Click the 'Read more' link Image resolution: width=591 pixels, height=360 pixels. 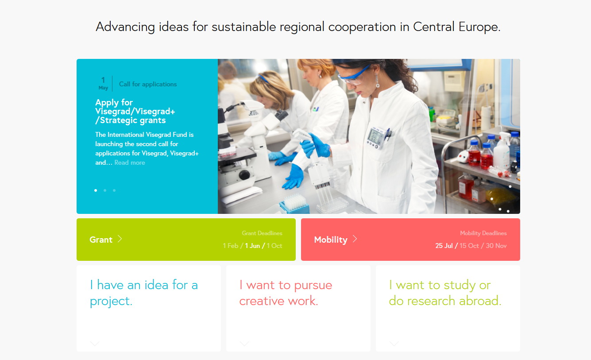(x=130, y=163)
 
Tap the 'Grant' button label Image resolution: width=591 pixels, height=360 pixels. (x=101, y=240)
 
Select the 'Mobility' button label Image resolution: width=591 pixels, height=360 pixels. (x=331, y=240)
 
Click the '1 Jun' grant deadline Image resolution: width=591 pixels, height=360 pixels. (x=252, y=246)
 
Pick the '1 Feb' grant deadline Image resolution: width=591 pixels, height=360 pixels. (x=231, y=246)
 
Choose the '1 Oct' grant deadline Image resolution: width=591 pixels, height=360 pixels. (x=274, y=246)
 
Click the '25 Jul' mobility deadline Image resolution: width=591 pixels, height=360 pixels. (x=444, y=246)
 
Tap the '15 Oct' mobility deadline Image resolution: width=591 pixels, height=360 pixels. (x=469, y=246)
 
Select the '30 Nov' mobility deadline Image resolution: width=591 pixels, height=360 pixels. (x=496, y=246)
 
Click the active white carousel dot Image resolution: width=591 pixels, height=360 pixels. (x=96, y=190)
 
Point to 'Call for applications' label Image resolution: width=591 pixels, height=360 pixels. (x=148, y=84)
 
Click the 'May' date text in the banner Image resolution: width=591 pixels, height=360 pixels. (x=103, y=88)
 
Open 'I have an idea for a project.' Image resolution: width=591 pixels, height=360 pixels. (x=144, y=293)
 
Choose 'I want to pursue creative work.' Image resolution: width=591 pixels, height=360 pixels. (x=286, y=293)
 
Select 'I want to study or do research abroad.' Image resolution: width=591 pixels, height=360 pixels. (x=445, y=293)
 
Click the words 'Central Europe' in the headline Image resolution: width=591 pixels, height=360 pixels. (x=456, y=27)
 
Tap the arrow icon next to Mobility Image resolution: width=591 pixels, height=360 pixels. (x=355, y=239)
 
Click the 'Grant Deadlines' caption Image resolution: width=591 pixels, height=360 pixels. (x=262, y=233)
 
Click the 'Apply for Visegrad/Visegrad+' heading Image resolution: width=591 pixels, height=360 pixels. (x=135, y=107)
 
